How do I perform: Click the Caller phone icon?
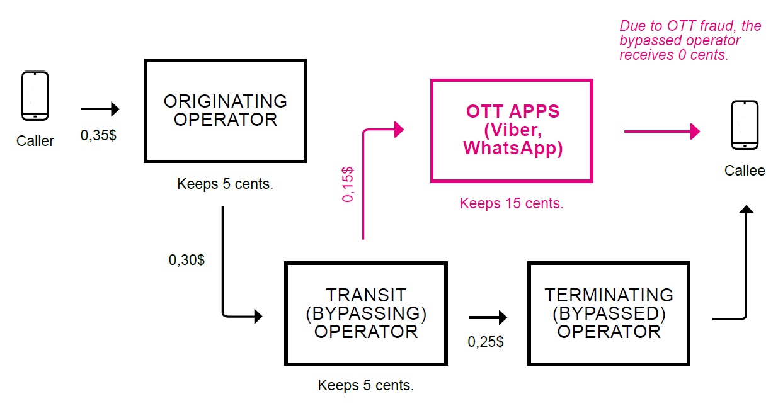[35, 96]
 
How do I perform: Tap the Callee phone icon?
[744, 125]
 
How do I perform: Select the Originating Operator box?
[225, 111]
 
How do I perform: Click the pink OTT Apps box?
[512, 130]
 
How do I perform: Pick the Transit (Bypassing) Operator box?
[366, 313]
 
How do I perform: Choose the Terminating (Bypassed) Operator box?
[609, 313]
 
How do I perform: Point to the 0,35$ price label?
[98, 135]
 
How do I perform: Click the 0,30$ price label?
[186, 259]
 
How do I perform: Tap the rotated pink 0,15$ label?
[348, 184]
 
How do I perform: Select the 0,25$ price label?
[485, 342]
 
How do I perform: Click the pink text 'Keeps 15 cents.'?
[511, 203]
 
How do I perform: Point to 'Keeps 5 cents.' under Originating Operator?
[225, 184]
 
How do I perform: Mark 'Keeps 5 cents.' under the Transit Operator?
[365, 385]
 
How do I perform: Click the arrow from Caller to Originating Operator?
[100, 110]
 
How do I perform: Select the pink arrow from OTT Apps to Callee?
[661, 132]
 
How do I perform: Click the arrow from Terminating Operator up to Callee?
[746, 264]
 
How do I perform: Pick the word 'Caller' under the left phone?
[35, 141]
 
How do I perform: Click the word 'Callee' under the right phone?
[745, 171]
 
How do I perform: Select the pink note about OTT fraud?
[690, 40]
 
